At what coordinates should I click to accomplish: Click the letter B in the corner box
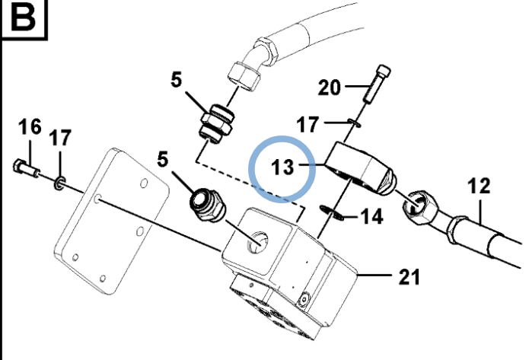23,18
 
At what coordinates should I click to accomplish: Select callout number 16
30,127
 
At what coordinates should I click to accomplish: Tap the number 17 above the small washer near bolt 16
60,138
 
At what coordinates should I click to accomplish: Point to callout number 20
330,88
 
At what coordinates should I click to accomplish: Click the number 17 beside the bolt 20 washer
308,125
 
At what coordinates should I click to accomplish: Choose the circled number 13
282,167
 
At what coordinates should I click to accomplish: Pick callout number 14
371,217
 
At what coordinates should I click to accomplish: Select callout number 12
479,186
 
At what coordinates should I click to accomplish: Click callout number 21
409,277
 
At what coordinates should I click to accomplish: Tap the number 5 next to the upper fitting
177,81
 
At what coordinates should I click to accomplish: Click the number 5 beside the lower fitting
163,159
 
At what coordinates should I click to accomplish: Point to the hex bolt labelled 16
27,167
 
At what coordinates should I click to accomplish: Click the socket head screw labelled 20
377,83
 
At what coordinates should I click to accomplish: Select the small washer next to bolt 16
59,183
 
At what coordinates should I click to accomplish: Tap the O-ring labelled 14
332,212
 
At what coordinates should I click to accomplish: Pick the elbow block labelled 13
360,169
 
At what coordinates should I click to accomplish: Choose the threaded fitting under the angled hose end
217,124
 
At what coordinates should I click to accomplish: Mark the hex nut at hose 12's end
419,207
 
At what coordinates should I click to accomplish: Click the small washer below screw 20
354,123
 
